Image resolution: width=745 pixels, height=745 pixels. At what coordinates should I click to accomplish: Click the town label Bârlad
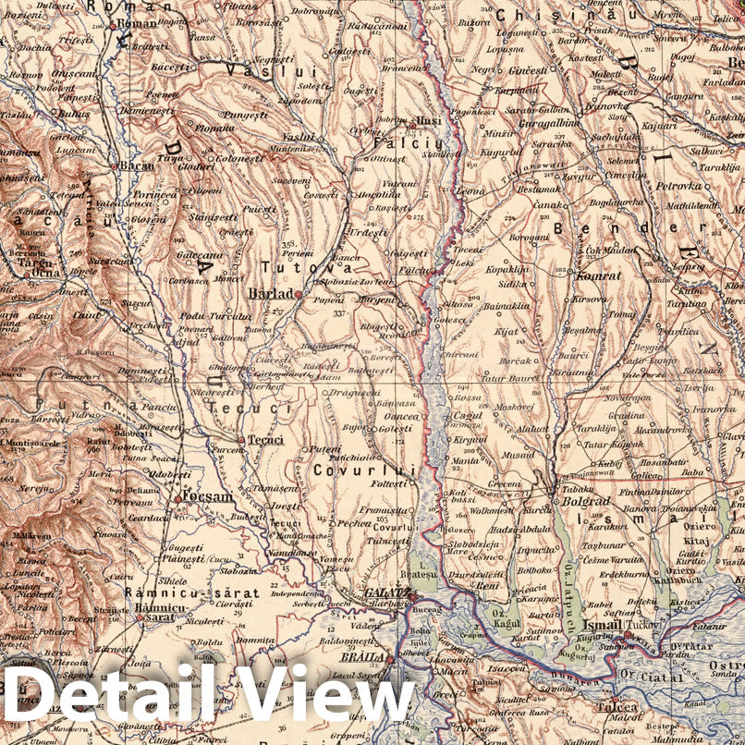point(271,294)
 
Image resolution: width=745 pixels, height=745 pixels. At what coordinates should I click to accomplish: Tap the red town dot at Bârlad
point(298,294)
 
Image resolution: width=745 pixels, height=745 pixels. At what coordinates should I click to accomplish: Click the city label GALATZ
point(386,592)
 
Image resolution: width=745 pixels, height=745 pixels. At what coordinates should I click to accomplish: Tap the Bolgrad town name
point(574,500)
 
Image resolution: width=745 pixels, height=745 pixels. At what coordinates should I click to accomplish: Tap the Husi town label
point(428,120)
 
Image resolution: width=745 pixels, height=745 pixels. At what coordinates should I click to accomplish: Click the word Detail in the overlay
point(110,693)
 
